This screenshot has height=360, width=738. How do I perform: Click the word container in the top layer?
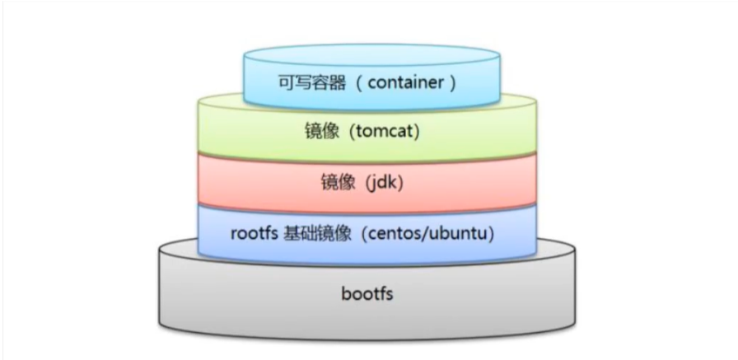[406, 83]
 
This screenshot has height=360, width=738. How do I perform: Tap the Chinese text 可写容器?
[312, 83]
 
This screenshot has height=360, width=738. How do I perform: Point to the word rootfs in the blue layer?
[254, 234]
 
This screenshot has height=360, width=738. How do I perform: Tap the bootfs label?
[367, 294]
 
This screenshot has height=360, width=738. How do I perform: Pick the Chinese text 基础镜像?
[317, 234]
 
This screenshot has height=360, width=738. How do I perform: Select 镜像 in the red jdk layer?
[338, 183]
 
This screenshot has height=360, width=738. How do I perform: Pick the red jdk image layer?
[367, 184]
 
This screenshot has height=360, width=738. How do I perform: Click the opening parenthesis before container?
[358, 83]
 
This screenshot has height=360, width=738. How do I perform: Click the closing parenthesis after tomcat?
[415, 133]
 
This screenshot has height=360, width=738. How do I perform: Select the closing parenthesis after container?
[453, 83]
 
